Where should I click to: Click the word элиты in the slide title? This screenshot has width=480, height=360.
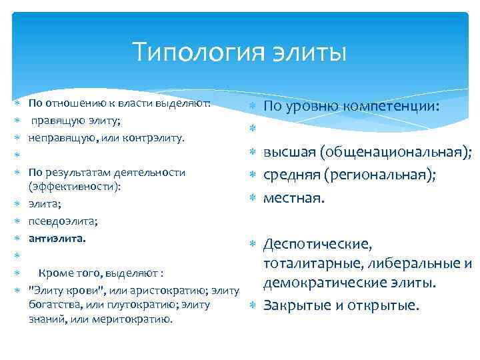[309, 52]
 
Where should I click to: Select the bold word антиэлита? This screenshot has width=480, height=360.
[57, 237]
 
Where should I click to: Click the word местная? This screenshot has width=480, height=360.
[293, 198]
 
